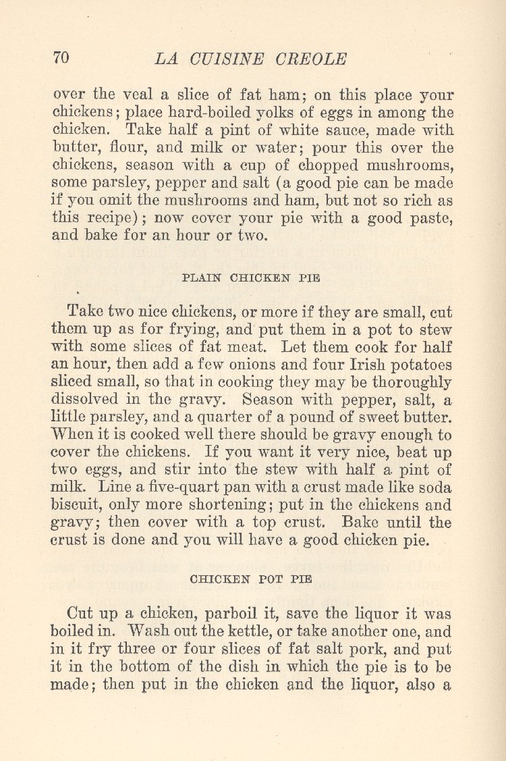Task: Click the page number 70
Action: pyautogui.click(x=61, y=58)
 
